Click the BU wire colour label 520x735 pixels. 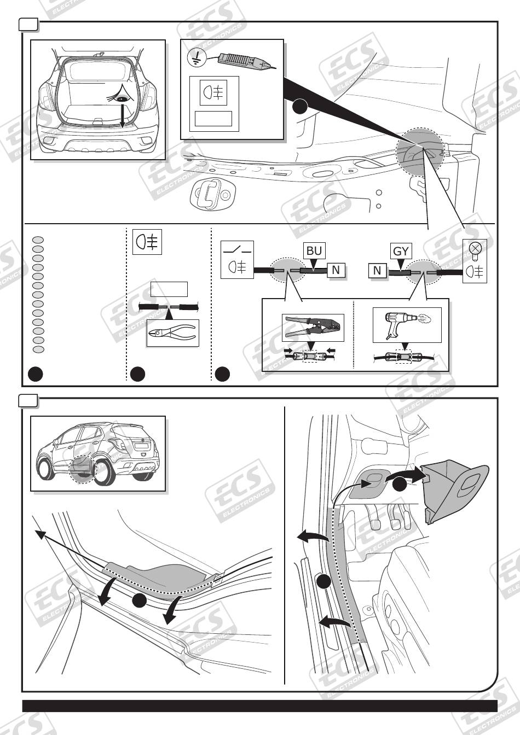click(x=314, y=250)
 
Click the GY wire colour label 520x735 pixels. click(x=401, y=252)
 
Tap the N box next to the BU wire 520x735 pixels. click(x=336, y=270)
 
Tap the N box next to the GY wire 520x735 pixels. click(x=377, y=270)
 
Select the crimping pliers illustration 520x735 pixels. click(x=313, y=327)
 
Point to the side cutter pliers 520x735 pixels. click(x=172, y=332)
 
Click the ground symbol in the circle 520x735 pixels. click(x=196, y=58)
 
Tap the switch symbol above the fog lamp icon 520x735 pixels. click(x=237, y=250)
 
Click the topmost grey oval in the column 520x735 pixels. click(x=38, y=240)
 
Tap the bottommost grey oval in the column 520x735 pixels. click(x=38, y=349)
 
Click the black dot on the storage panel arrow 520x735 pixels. click(x=400, y=484)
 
